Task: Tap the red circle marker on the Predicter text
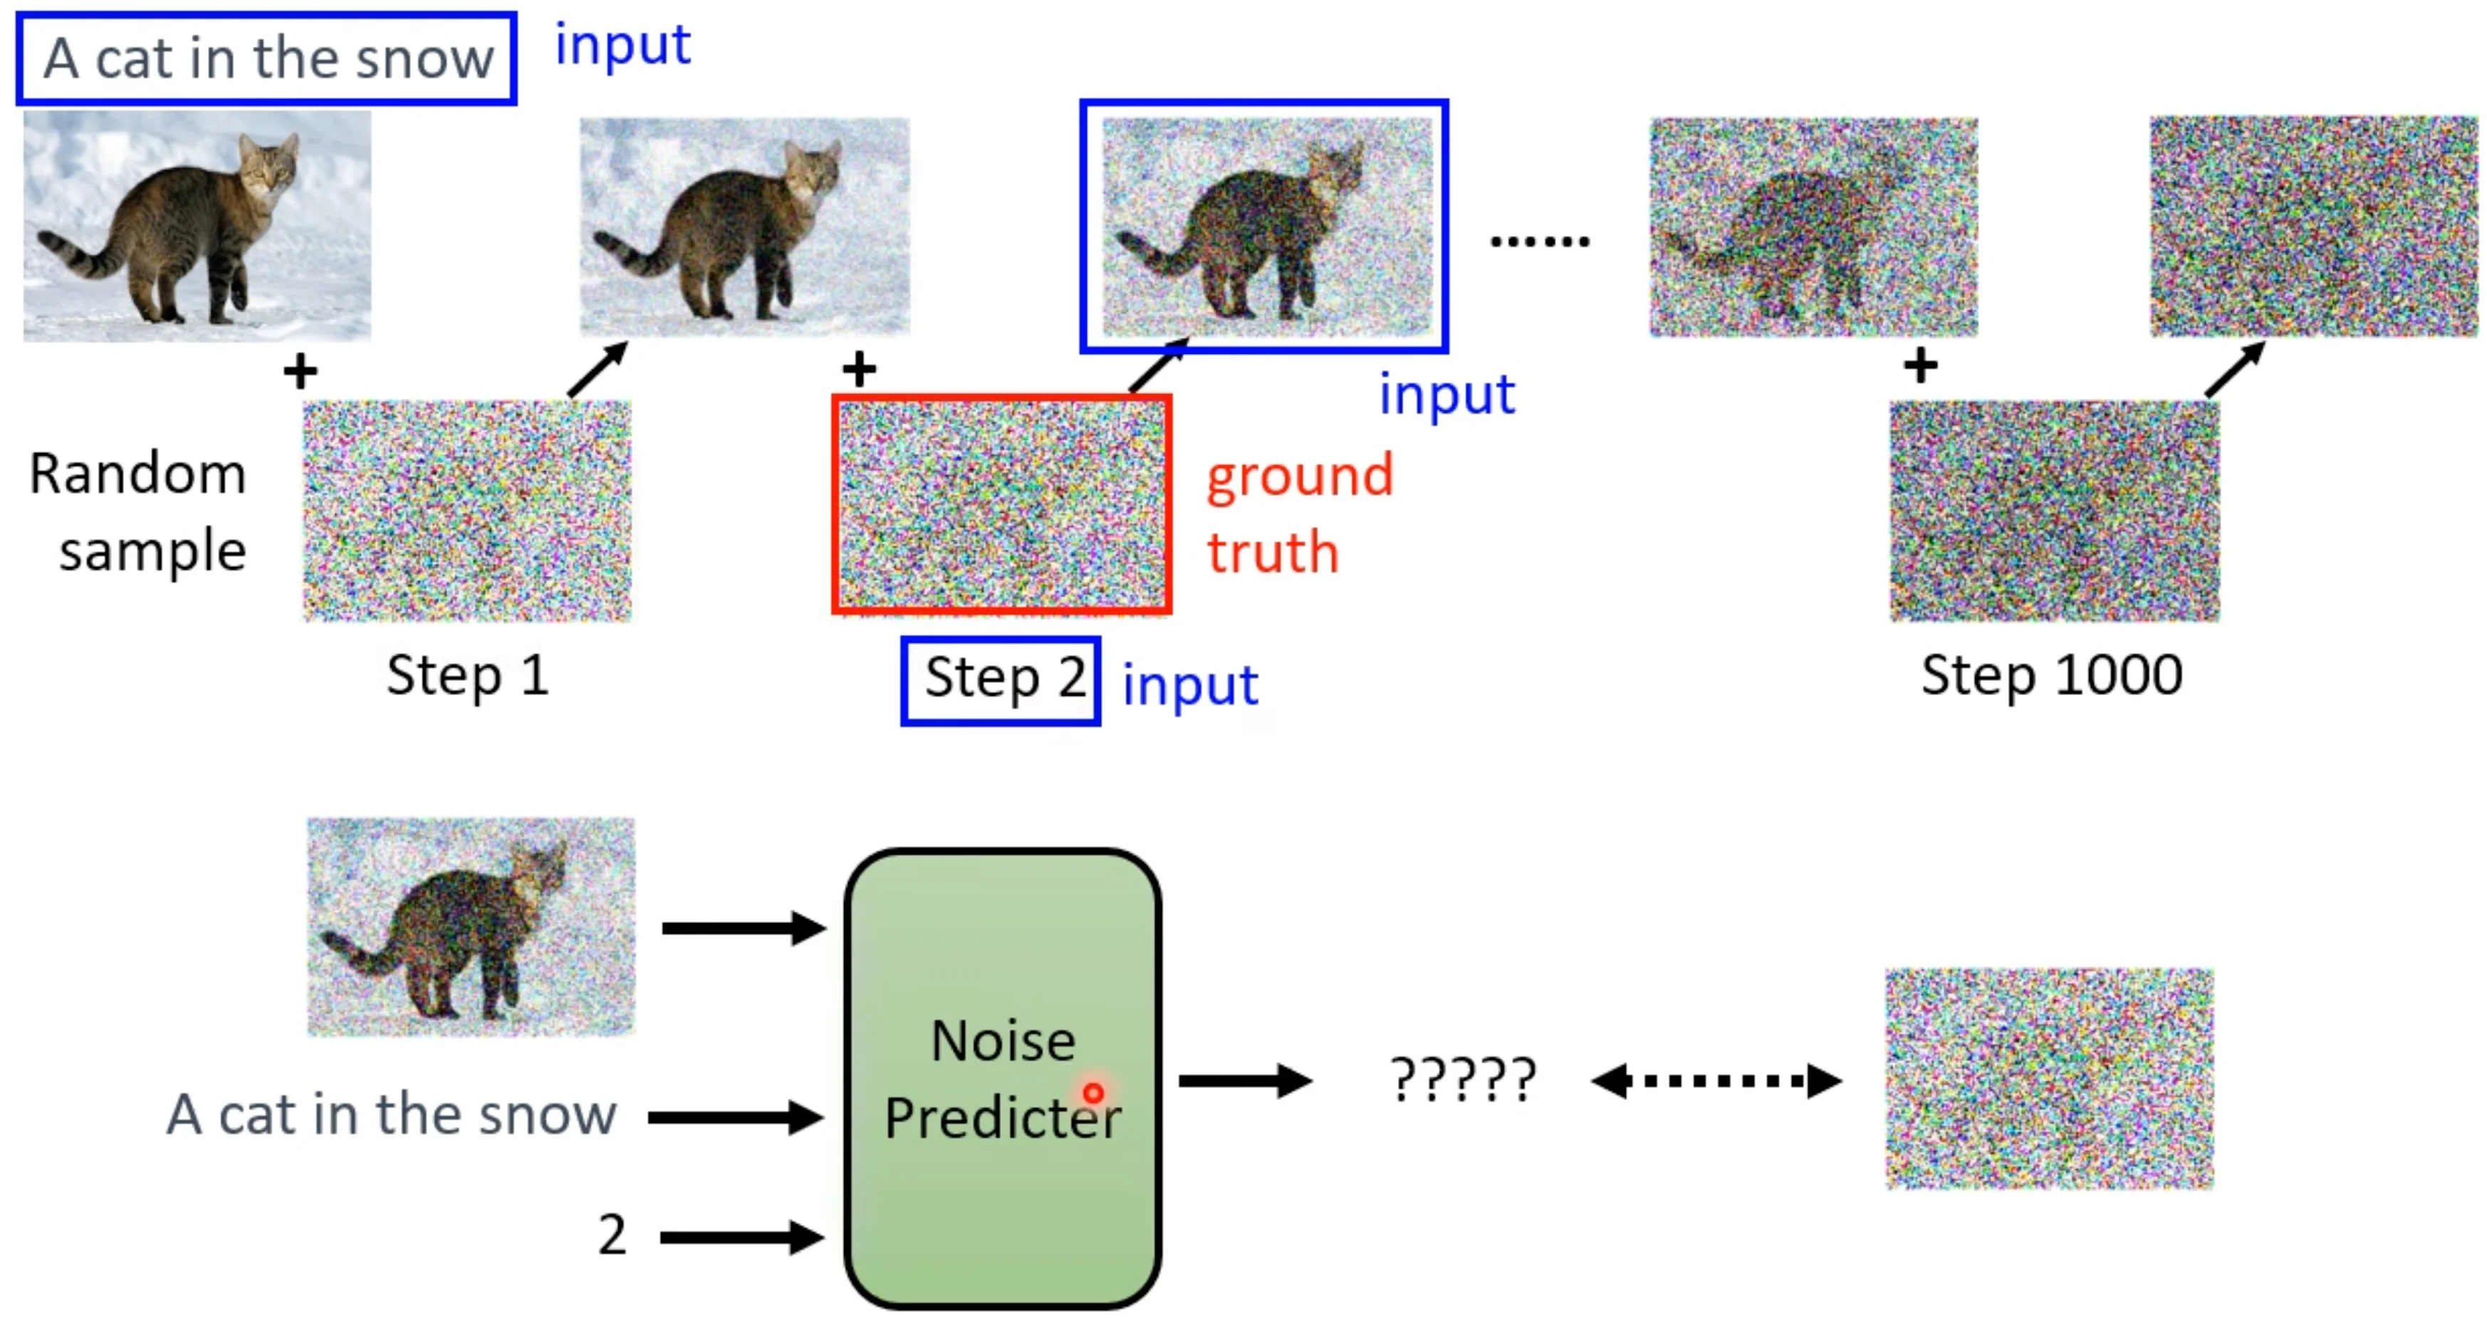pyautogui.click(x=1093, y=1093)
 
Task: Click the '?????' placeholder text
pyautogui.click(x=1463, y=1080)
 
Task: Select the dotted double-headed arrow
pyautogui.click(x=1716, y=1080)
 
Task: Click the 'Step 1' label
pyautogui.click(x=468, y=675)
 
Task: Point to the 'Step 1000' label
pyautogui.click(x=2052, y=675)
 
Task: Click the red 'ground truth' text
pyautogui.click(x=1300, y=513)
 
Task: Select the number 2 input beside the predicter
pyautogui.click(x=612, y=1235)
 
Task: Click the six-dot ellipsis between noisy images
pyautogui.click(x=1540, y=241)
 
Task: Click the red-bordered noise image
pyautogui.click(x=1002, y=504)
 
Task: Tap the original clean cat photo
pyautogui.click(x=197, y=226)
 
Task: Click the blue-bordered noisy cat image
pyautogui.click(x=1263, y=226)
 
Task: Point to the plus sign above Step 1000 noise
pyautogui.click(x=1920, y=366)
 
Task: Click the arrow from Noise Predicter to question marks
pyautogui.click(x=1246, y=1080)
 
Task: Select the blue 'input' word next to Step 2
pyautogui.click(x=1190, y=686)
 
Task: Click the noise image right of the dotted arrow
pyautogui.click(x=2050, y=1078)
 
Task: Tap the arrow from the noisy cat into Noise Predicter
pyautogui.click(x=744, y=929)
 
